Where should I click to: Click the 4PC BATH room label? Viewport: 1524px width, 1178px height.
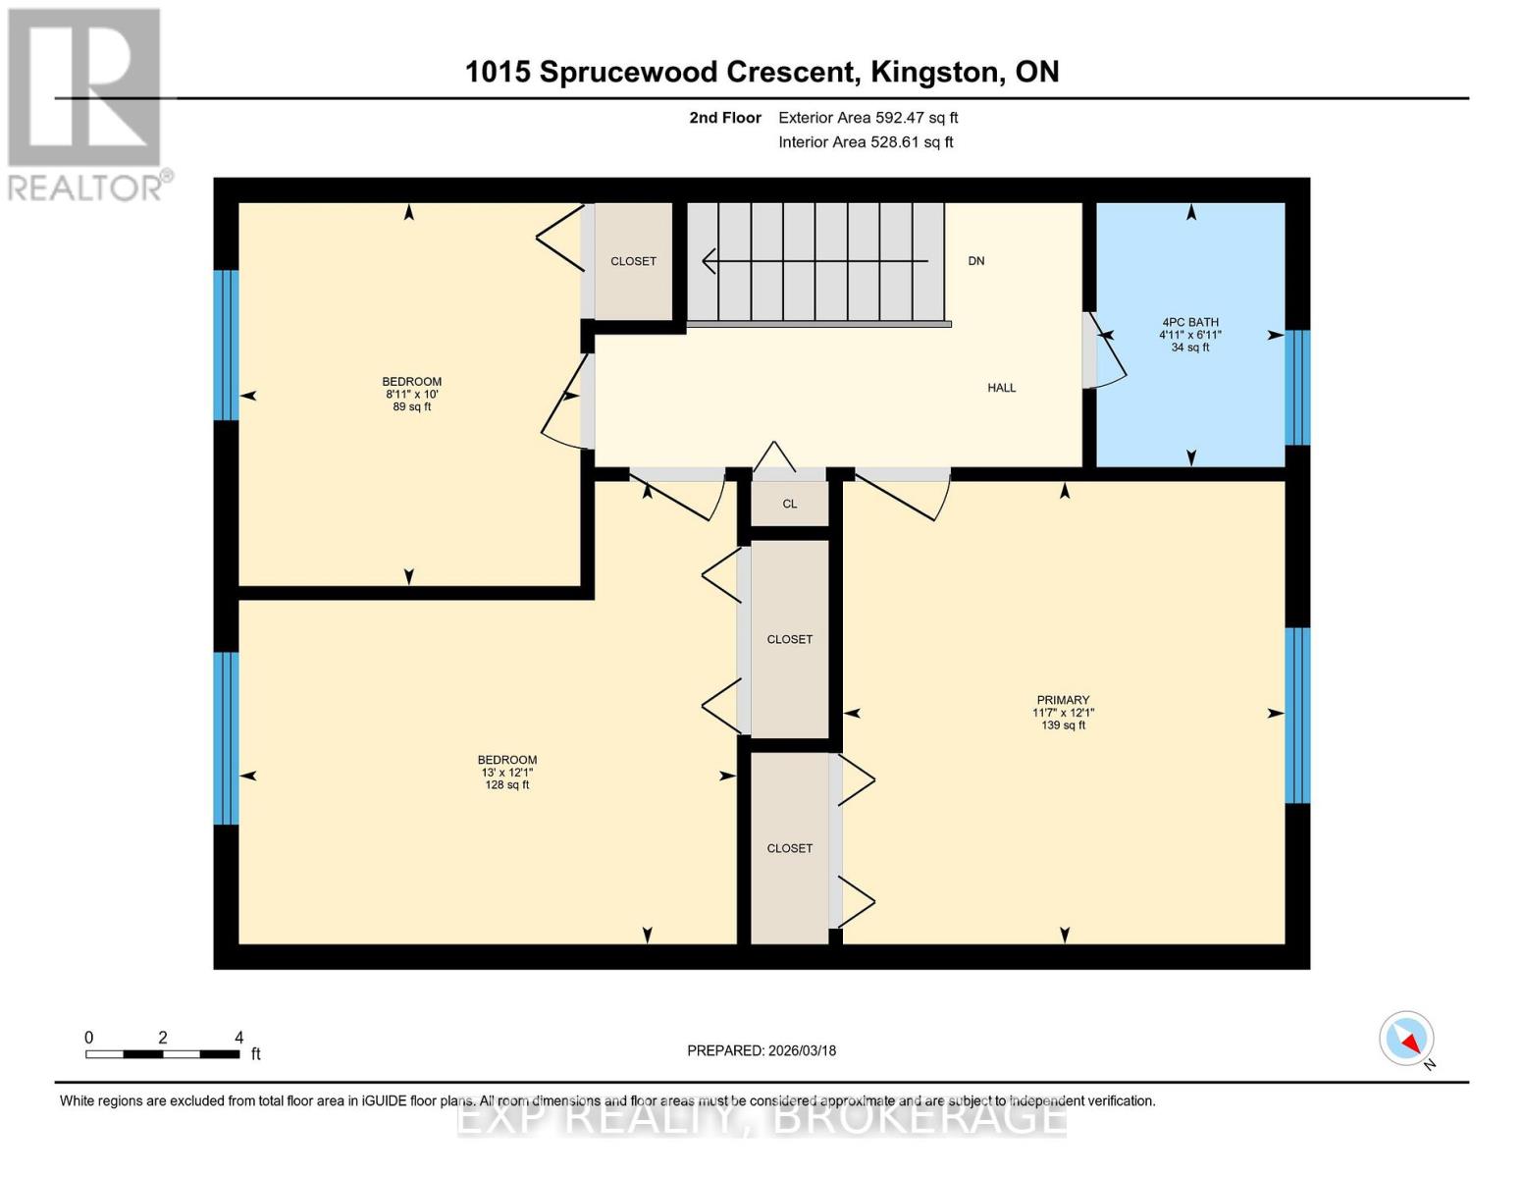tap(1189, 334)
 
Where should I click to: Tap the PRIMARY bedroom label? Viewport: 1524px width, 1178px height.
tap(1063, 713)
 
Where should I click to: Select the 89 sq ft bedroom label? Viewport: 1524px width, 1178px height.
tap(411, 394)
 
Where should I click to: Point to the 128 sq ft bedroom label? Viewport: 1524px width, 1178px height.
tap(506, 772)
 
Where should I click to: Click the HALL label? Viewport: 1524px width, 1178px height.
tap(1001, 388)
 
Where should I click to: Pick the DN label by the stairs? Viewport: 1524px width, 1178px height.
tap(975, 261)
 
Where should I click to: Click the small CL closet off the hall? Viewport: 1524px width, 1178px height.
tap(790, 504)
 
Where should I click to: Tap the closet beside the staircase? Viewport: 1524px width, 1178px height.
tap(633, 261)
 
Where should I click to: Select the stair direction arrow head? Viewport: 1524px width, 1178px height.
tap(709, 261)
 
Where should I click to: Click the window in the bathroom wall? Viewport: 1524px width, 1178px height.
tap(1297, 388)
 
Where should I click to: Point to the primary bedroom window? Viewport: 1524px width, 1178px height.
tap(1297, 715)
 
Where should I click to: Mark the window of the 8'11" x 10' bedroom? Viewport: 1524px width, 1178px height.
tap(226, 345)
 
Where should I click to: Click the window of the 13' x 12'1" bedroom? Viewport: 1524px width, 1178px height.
tap(226, 738)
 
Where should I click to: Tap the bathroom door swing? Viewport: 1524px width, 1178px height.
tap(1106, 351)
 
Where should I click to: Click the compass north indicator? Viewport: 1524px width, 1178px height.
tap(1407, 1040)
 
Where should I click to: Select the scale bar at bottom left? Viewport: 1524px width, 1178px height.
tap(163, 1053)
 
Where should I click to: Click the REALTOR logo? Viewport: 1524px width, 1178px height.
tap(85, 103)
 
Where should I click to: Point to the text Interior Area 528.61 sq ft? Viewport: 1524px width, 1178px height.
tap(866, 142)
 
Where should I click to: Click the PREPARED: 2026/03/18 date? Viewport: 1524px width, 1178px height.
tap(762, 1050)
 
